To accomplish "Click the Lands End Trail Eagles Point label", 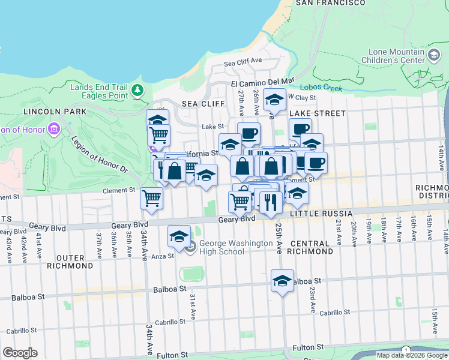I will (x=99, y=91).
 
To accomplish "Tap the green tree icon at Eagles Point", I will (x=138, y=91).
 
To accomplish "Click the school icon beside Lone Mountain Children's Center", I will (x=433, y=56).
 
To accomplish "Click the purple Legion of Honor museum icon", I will (x=54, y=129).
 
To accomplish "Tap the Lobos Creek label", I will (x=321, y=88).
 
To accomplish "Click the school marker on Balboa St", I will (x=282, y=280).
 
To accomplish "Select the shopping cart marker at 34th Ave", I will (x=151, y=197).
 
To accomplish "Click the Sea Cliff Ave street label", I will (x=243, y=61).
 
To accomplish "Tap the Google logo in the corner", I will (x=20, y=353).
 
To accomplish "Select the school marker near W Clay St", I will (x=274, y=99).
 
